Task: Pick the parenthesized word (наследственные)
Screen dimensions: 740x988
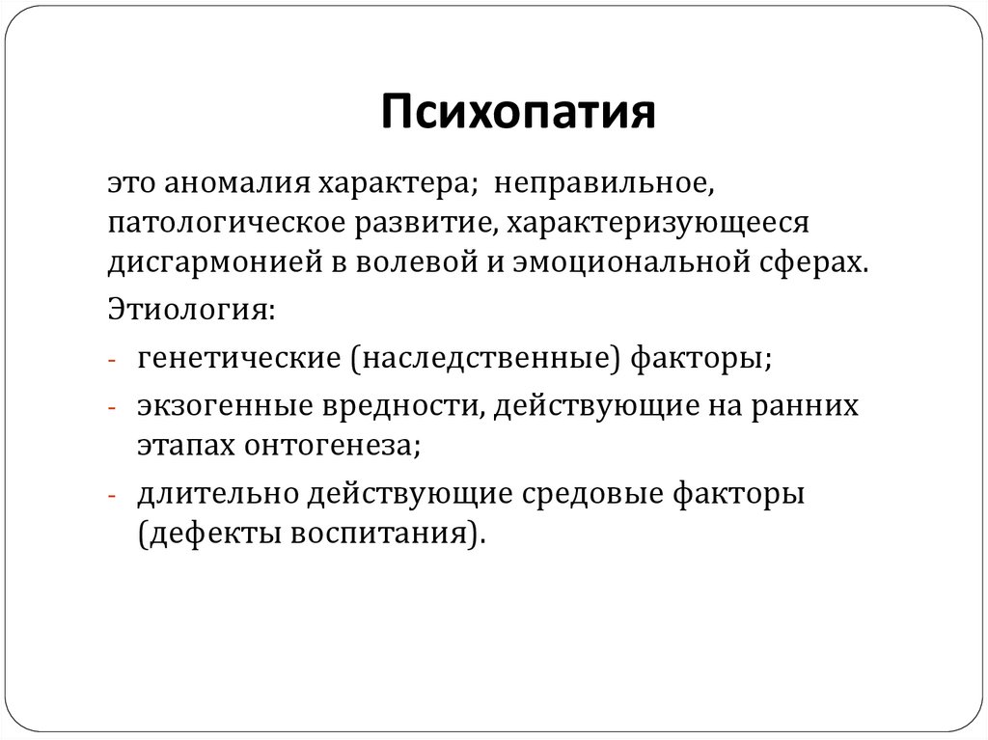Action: (486, 360)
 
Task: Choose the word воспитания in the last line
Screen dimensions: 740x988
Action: (390, 532)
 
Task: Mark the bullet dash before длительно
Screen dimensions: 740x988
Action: (113, 494)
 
